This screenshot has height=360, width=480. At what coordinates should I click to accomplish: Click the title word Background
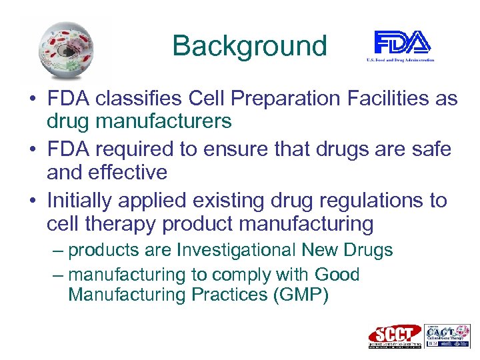(x=249, y=46)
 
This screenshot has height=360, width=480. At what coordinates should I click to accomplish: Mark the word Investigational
(x=237, y=250)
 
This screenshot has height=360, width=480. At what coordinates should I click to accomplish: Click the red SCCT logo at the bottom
(x=394, y=335)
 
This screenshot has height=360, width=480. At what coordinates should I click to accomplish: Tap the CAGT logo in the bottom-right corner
(x=447, y=335)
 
